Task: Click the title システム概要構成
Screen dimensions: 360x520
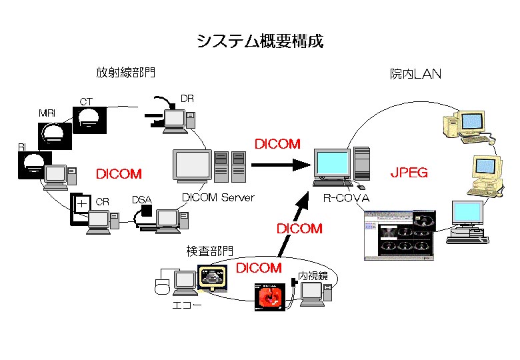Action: (259, 41)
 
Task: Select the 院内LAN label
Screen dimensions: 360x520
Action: (415, 74)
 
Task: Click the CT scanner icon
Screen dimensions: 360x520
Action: (89, 120)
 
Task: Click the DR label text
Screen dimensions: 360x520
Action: (187, 99)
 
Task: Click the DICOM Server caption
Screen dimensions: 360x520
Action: (218, 197)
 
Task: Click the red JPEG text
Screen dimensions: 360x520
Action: (409, 173)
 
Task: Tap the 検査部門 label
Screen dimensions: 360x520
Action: (209, 251)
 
